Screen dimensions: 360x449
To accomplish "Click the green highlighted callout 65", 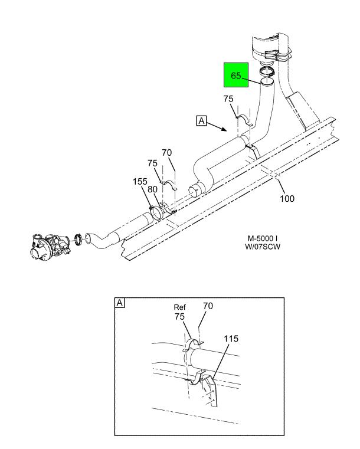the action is point(235,76).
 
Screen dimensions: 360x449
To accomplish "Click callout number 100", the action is point(287,198).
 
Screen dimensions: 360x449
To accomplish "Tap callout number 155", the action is point(140,182).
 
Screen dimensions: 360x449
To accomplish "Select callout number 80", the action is point(152,189).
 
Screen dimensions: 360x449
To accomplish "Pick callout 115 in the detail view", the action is point(231,339).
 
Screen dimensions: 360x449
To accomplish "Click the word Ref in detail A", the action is point(179,307).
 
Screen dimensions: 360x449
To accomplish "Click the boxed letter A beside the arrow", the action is point(202,120).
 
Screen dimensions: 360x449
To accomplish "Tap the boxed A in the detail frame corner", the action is point(120,303).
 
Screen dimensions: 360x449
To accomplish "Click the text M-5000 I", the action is point(263,238).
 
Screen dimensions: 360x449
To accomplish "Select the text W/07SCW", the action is point(263,247).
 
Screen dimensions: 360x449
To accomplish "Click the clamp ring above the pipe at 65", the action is point(267,71).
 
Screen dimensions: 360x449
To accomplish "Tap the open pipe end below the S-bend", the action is point(197,191).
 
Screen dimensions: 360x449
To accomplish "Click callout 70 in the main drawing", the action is point(166,153).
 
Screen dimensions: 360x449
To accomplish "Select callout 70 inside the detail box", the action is point(208,306).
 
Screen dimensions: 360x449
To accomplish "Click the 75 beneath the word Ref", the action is point(179,317).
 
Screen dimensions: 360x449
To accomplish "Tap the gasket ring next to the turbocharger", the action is point(78,240).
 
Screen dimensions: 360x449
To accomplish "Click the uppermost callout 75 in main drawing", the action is point(228,99).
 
